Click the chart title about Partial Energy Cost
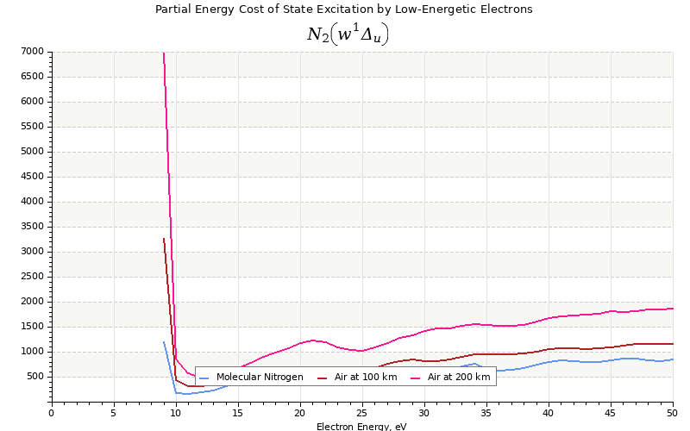coord(343,9)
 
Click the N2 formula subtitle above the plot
coord(348,34)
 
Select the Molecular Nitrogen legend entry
coord(251,377)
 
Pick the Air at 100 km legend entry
coord(357,377)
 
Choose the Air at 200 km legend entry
coord(450,377)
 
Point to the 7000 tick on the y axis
coord(32,52)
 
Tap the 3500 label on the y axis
coord(32,227)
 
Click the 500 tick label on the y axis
coord(34,377)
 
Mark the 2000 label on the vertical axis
coord(32,301)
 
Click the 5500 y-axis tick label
coord(32,126)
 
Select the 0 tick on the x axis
coord(52,413)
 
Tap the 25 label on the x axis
coord(361,413)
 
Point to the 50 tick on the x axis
coord(672,413)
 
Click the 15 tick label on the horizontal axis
coord(238,413)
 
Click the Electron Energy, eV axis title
coord(361,427)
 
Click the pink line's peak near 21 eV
coord(312,340)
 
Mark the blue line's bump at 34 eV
coord(474,364)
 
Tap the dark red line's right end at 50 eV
coord(673,343)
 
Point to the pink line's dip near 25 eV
coord(361,351)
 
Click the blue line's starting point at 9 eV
coord(164,341)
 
